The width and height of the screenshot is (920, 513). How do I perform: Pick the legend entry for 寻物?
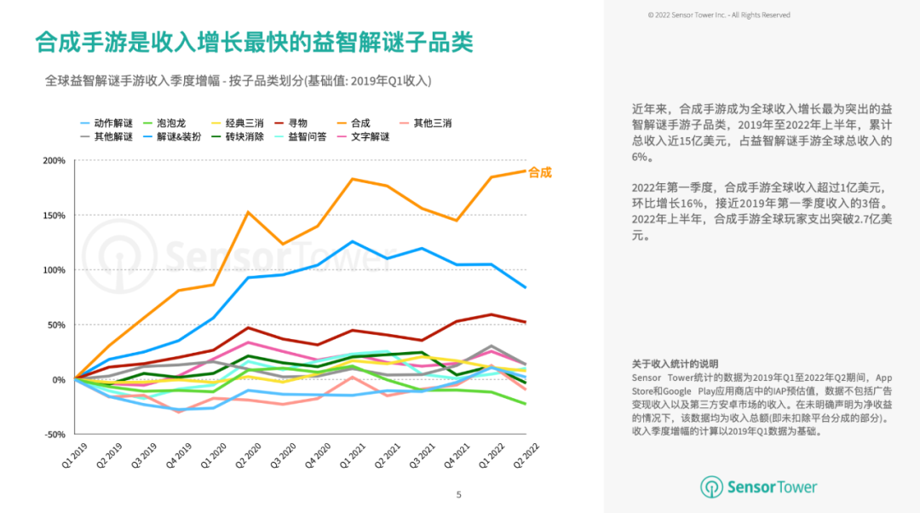coord(296,124)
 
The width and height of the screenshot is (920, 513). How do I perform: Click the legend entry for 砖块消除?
coord(245,137)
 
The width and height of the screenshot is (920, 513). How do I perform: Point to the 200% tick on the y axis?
coord(54,161)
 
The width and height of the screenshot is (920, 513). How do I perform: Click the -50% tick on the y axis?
coord(55,435)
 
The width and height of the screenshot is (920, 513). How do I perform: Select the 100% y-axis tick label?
coord(54,270)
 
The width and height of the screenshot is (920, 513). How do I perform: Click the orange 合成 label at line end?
coord(540,172)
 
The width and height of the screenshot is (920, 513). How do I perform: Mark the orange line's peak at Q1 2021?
coord(353,179)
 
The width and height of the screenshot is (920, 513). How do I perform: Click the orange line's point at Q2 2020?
coord(248,212)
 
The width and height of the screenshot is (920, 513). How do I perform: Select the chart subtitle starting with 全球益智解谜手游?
coord(239,81)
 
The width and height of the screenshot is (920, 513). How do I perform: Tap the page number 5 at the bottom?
coord(459,494)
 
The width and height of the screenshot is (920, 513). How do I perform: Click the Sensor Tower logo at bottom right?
coord(759,487)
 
